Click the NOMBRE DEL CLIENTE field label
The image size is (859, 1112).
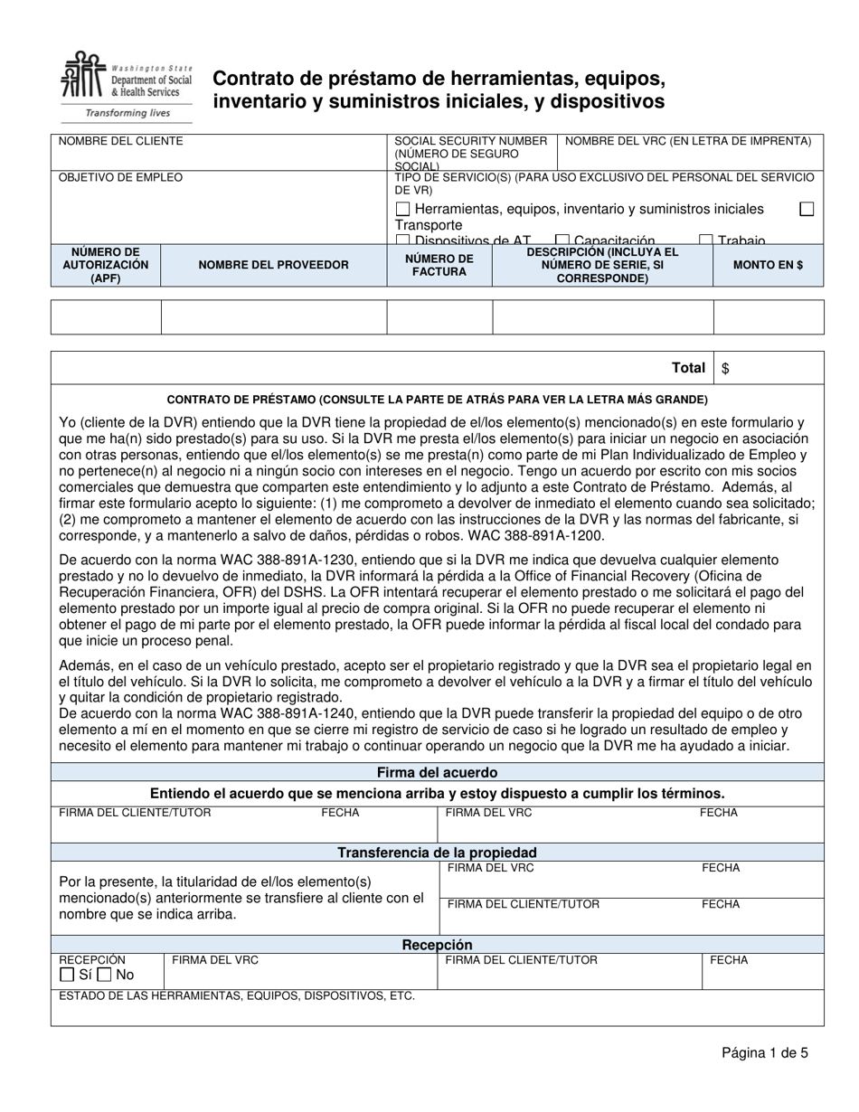(120, 141)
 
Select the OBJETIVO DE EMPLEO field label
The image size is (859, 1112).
(120, 177)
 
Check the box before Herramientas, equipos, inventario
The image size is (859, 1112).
(403, 209)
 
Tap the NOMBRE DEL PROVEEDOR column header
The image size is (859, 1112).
(273, 265)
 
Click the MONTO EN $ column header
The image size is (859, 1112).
(768, 265)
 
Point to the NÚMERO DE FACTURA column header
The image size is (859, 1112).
(439, 265)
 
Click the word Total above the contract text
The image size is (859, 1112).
(688, 368)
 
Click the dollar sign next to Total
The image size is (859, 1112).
(726, 368)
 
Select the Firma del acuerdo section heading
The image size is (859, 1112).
(437, 772)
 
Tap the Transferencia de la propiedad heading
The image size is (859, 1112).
(437, 852)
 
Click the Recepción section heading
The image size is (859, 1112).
(437, 945)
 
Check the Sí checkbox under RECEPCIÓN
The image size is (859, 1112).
(66, 975)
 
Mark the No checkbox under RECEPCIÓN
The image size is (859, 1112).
(105, 975)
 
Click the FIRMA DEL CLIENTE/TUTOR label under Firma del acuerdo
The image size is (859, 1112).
(135, 813)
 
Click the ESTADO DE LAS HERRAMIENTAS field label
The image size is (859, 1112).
(237, 996)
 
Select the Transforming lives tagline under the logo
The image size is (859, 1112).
(127, 113)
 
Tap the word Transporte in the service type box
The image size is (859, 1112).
(429, 225)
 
